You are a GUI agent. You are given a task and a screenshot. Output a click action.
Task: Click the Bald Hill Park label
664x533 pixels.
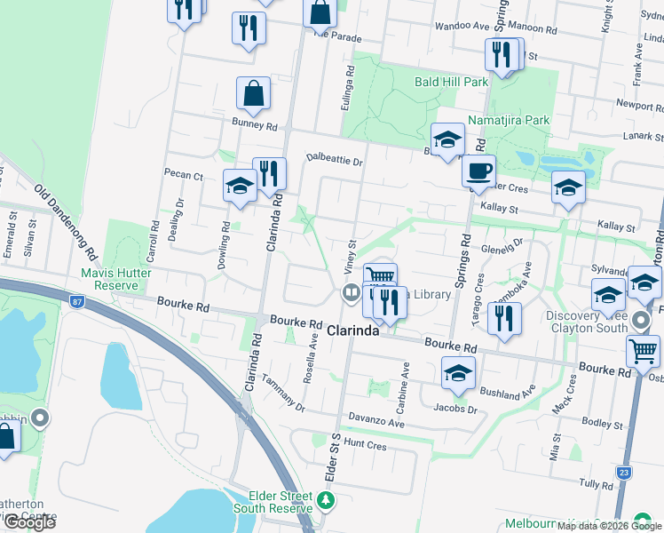452,82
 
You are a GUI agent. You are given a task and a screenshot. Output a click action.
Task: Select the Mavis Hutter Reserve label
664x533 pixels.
109,279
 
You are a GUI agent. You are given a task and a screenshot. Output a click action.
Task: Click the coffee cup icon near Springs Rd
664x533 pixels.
479,170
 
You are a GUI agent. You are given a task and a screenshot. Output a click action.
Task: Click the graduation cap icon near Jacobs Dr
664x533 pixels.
458,373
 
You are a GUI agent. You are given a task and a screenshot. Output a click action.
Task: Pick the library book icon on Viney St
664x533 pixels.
351,292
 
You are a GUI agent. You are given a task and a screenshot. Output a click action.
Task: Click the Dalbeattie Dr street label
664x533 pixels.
335,161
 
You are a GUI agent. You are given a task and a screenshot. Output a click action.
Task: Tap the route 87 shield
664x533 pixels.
76,303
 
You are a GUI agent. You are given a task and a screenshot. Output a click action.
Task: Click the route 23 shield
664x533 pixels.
625,472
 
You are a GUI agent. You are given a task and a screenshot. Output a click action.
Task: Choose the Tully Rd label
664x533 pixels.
596,483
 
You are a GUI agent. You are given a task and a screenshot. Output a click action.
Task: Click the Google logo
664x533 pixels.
29,521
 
